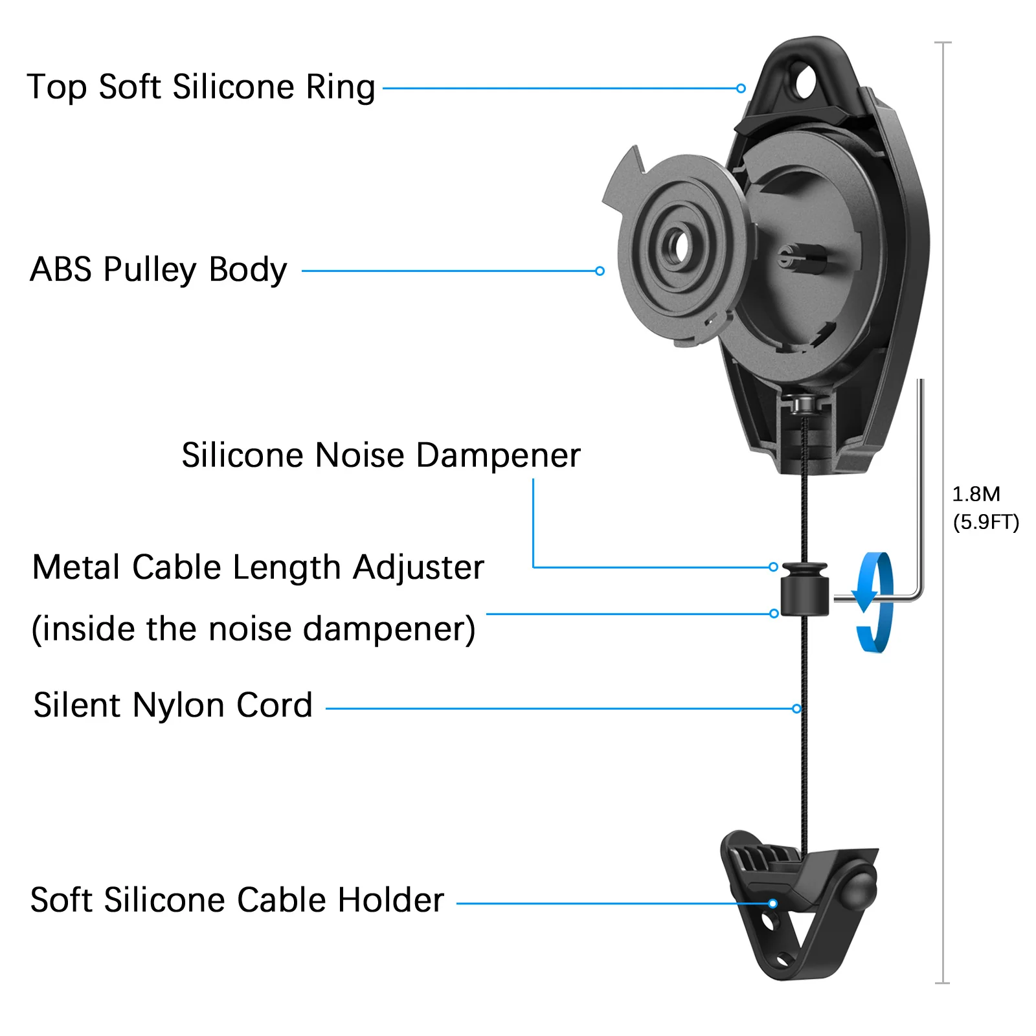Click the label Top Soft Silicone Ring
click(x=201, y=87)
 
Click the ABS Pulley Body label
click(x=159, y=270)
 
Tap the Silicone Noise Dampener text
click(x=381, y=455)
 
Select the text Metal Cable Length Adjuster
click(x=258, y=568)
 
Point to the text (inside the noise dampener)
click(x=253, y=629)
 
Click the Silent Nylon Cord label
click(x=173, y=705)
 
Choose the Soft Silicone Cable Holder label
click(x=237, y=900)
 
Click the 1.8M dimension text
click(x=976, y=495)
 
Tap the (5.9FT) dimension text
click(x=985, y=523)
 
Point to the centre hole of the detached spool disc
click(x=679, y=246)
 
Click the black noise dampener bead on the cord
click(x=804, y=589)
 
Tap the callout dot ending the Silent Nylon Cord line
click(x=796, y=709)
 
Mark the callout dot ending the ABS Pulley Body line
click(x=600, y=271)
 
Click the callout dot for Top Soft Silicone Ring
click(x=741, y=88)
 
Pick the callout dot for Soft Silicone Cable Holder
click(x=772, y=903)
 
